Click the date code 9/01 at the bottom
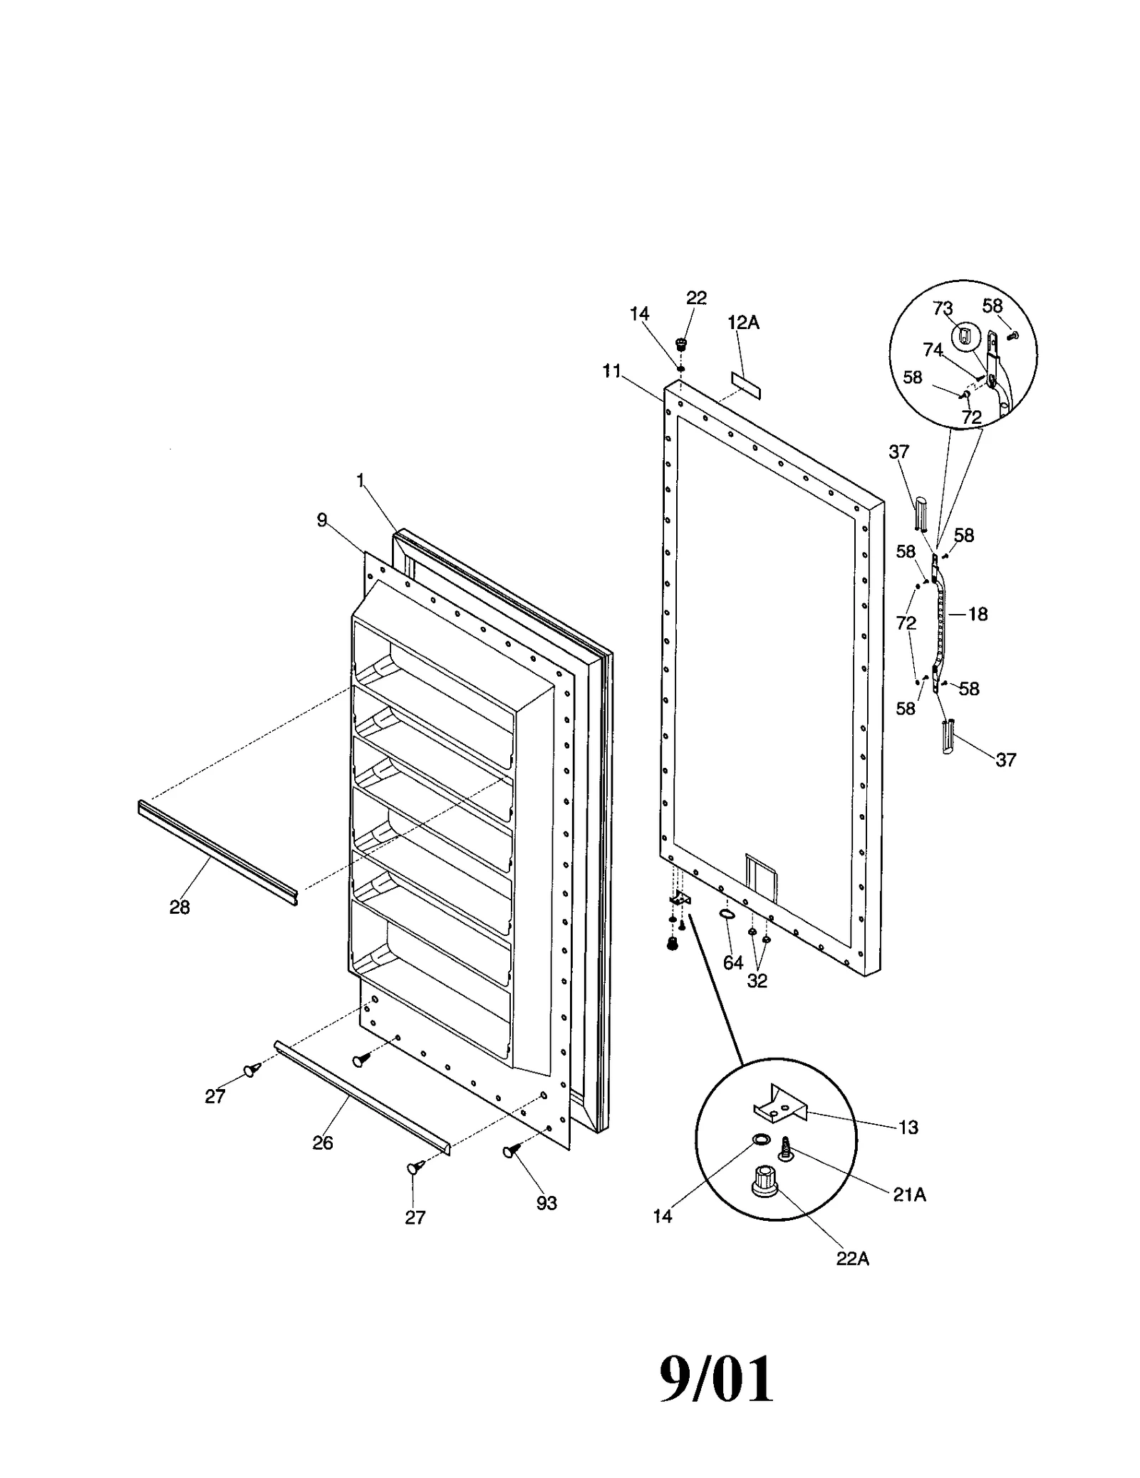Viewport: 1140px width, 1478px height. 715,1380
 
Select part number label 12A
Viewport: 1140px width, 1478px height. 743,323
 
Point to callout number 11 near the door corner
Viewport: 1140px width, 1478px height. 611,371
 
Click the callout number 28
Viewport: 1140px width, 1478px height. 180,907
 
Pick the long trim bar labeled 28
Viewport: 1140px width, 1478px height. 217,852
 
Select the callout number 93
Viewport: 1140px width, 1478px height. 546,1202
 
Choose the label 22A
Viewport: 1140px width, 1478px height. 853,1258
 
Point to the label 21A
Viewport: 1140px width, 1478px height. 910,1195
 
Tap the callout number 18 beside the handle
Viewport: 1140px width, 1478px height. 978,613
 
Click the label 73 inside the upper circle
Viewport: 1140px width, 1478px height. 943,308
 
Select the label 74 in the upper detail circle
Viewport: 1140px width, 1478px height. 933,350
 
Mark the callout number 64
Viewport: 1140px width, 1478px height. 733,963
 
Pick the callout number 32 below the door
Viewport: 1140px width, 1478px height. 757,980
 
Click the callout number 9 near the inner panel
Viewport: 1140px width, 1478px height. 322,520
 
